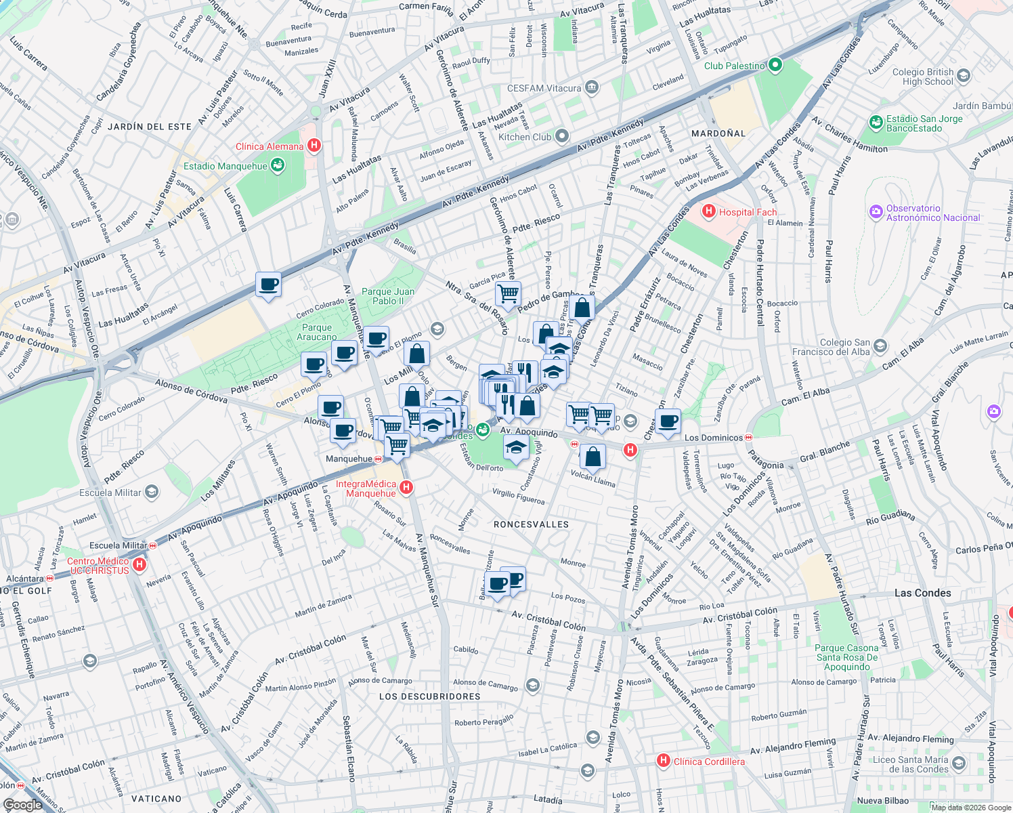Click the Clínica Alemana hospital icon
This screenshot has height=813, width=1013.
point(314,146)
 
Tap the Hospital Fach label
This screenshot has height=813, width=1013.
point(748,212)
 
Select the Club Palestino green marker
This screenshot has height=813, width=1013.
point(775,66)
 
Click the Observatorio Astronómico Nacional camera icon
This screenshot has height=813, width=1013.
point(876,213)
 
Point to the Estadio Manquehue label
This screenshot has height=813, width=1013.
point(225,166)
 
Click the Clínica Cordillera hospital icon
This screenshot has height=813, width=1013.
point(664,761)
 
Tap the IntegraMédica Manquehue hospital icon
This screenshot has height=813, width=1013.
point(406,487)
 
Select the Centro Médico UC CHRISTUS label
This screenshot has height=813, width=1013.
point(98,566)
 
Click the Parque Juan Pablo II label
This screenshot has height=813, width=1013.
point(388,296)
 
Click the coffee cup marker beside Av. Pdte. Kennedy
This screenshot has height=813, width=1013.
point(268,284)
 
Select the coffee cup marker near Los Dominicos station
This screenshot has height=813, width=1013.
point(668,421)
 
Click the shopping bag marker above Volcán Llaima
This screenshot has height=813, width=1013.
point(592,457)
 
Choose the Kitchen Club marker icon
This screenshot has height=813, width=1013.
point(561,137)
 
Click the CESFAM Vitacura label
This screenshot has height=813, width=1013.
point(544,88)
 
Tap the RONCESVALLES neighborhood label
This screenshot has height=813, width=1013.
point(531,524)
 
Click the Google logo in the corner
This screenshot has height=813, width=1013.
point(22,804)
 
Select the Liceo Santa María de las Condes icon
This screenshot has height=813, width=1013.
point(959,764)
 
